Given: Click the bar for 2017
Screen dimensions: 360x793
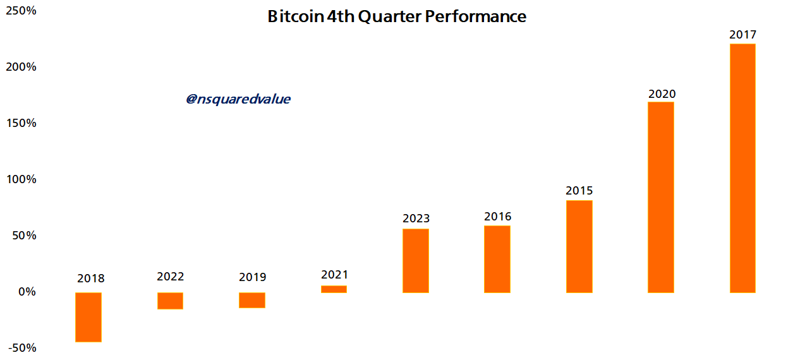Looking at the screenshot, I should point(742,168).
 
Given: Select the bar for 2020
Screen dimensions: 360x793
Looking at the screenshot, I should point(661,197).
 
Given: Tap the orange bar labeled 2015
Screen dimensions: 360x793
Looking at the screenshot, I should point(579,246).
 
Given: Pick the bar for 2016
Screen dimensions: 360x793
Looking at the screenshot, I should point(497,259).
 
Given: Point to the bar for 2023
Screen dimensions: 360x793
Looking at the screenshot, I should point(416,260).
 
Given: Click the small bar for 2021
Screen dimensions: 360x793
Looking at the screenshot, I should point(334,289).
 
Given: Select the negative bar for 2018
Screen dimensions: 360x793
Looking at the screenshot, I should point(88,317).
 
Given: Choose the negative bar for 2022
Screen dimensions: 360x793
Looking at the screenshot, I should point(170,301).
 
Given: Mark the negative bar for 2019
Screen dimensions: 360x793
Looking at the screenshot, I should point(252,300).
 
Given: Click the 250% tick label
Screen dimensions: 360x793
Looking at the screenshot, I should point(22,11).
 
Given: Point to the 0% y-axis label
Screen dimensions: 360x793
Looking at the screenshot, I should point(27,292).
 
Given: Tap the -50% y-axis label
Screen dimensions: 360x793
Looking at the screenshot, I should point(22,348).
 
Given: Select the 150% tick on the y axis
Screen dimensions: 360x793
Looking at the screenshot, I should point(22,123).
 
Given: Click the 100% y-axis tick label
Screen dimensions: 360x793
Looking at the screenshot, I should point(22,179).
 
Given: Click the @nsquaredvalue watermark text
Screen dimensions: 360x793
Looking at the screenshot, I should point(238,99).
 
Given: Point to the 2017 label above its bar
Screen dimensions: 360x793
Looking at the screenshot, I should point(742,35).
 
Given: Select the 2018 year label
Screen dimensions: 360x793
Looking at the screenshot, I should point(90,279).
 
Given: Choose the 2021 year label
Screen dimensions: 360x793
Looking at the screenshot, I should point(334,275).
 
